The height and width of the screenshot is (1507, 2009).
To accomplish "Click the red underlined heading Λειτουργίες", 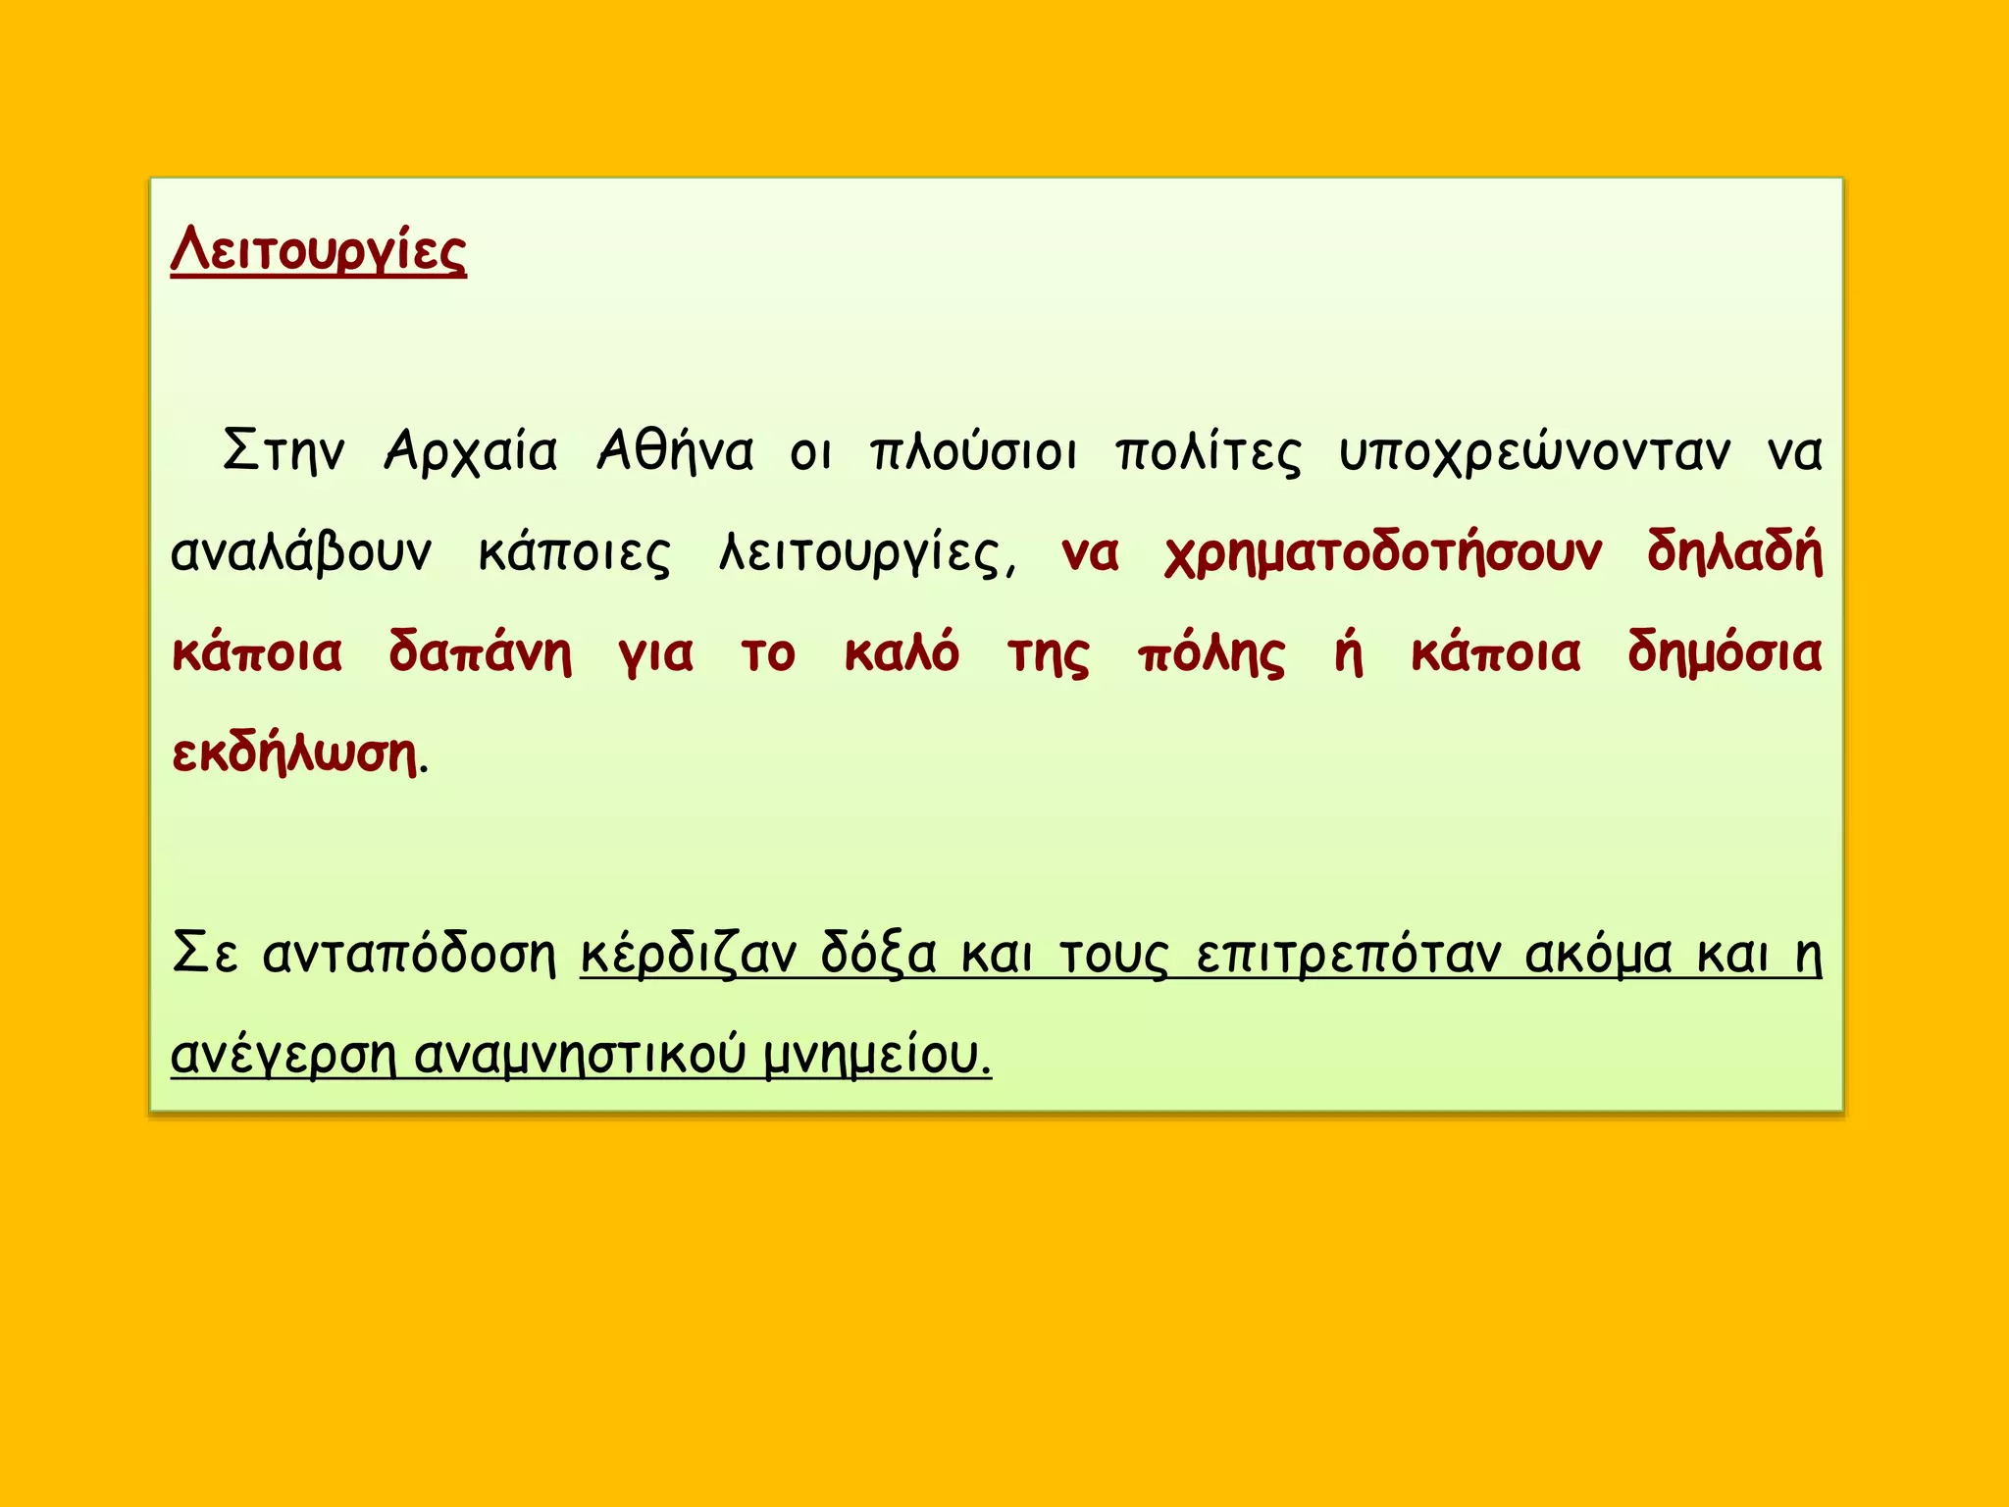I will point(318,252).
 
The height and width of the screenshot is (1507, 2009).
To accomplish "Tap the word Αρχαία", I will point(471,452).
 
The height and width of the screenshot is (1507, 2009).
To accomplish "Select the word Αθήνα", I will point(675,452).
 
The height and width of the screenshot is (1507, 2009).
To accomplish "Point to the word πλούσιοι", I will point(973,452).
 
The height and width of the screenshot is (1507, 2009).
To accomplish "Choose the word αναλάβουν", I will point(300,552).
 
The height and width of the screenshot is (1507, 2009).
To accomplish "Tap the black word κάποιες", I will point(574,554).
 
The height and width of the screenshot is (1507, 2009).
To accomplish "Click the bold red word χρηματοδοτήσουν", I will point(1383,554).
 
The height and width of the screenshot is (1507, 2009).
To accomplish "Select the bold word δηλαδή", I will point(1733,552).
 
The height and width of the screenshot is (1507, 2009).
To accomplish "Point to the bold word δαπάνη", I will point(480,654).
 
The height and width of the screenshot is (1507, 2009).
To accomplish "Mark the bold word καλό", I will point(901,652).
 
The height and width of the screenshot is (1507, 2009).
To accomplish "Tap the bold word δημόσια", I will point(1724,654).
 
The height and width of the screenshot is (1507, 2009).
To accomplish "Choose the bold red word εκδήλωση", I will point(294,753).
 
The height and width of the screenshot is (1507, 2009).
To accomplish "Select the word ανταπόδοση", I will point(409,954).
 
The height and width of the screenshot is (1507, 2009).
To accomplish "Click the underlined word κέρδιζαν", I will point(688,954).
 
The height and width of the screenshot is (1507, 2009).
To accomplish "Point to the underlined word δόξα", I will point(878,954).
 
